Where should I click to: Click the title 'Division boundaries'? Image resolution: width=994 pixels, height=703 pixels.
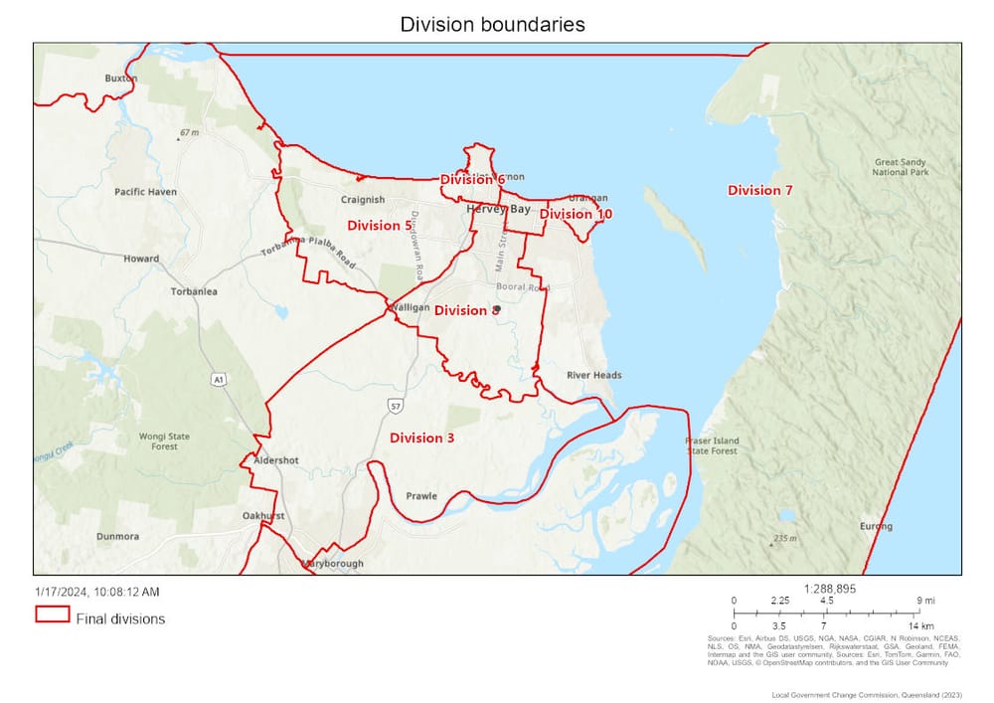point(493,24)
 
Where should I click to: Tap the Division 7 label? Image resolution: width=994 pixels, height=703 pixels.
point(759,190)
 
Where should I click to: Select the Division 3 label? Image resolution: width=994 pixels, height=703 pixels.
point(421,438)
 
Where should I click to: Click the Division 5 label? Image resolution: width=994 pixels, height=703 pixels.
point(379,226)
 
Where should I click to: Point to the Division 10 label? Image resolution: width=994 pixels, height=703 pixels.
point(576,214)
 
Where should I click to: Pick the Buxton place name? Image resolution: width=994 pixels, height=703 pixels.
point(121,78)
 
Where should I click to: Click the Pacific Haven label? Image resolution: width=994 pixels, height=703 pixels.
point(145,191)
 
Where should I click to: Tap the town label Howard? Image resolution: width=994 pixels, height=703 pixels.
point(141,259)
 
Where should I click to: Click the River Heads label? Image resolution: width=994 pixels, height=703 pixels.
point(593,375)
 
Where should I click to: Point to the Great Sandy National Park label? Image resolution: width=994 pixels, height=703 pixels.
point(901,167)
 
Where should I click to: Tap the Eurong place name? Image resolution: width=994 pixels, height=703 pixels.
point(877,526)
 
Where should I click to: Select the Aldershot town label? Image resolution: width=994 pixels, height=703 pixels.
point(276,460)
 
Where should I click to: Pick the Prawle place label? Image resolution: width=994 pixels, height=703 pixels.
point(420,495)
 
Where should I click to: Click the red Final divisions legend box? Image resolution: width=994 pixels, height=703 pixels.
point(51,615)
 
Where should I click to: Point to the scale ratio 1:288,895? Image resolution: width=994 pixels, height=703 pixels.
point(830,589)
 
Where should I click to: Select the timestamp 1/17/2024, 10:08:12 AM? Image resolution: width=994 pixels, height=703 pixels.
point(96,592)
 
